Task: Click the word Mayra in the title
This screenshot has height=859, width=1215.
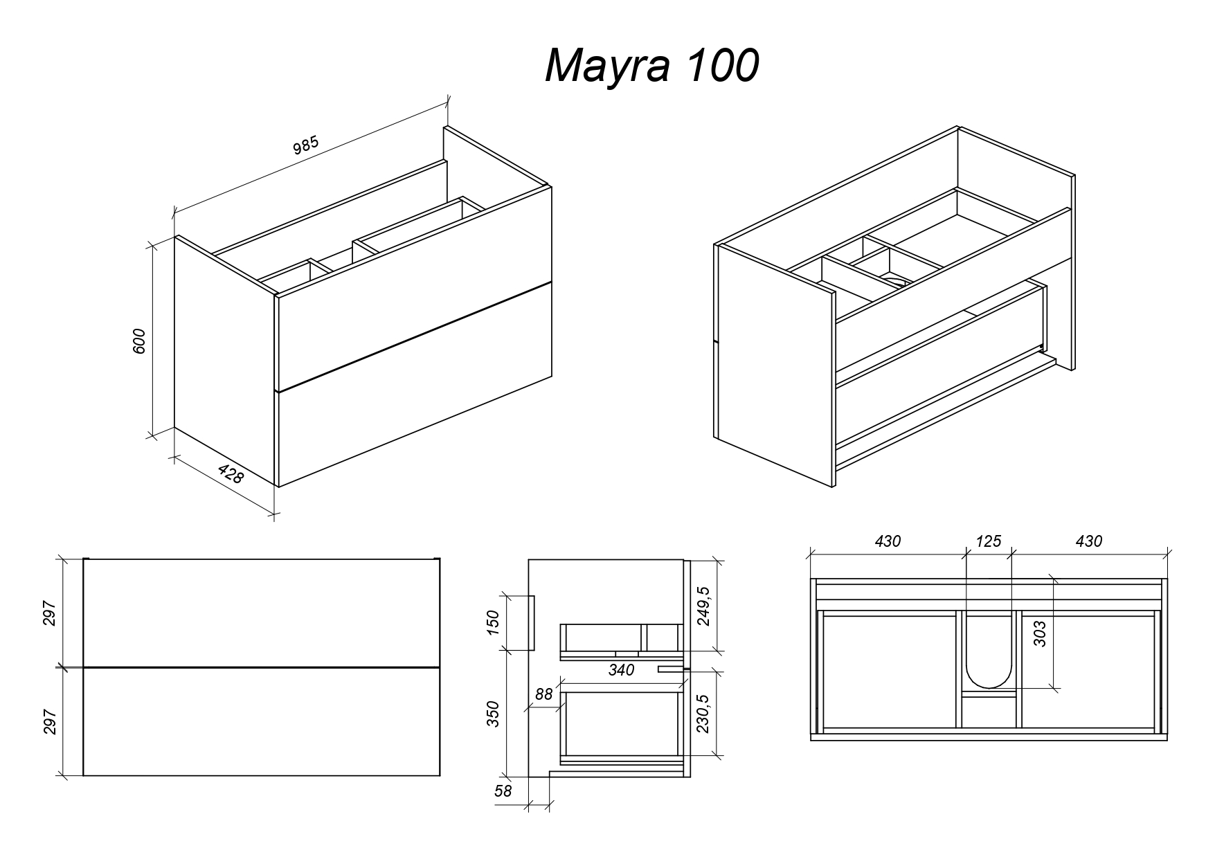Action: coord(608,67)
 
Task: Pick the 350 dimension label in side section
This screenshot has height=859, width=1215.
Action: coord(493,714)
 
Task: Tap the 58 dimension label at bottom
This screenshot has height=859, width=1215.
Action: coord(503,790)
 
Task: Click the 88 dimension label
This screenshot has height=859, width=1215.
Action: coord(544,694)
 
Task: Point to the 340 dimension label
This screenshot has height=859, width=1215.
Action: coord(621,670)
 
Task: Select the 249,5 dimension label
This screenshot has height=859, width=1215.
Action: coord(704,606)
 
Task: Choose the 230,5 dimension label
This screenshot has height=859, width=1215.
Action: coord(704,714)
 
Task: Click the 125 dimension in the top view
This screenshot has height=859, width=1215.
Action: coord(988,541)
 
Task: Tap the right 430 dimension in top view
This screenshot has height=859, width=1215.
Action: coord(1088,541)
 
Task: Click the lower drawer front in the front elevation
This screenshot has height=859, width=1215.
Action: coord(261,722)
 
